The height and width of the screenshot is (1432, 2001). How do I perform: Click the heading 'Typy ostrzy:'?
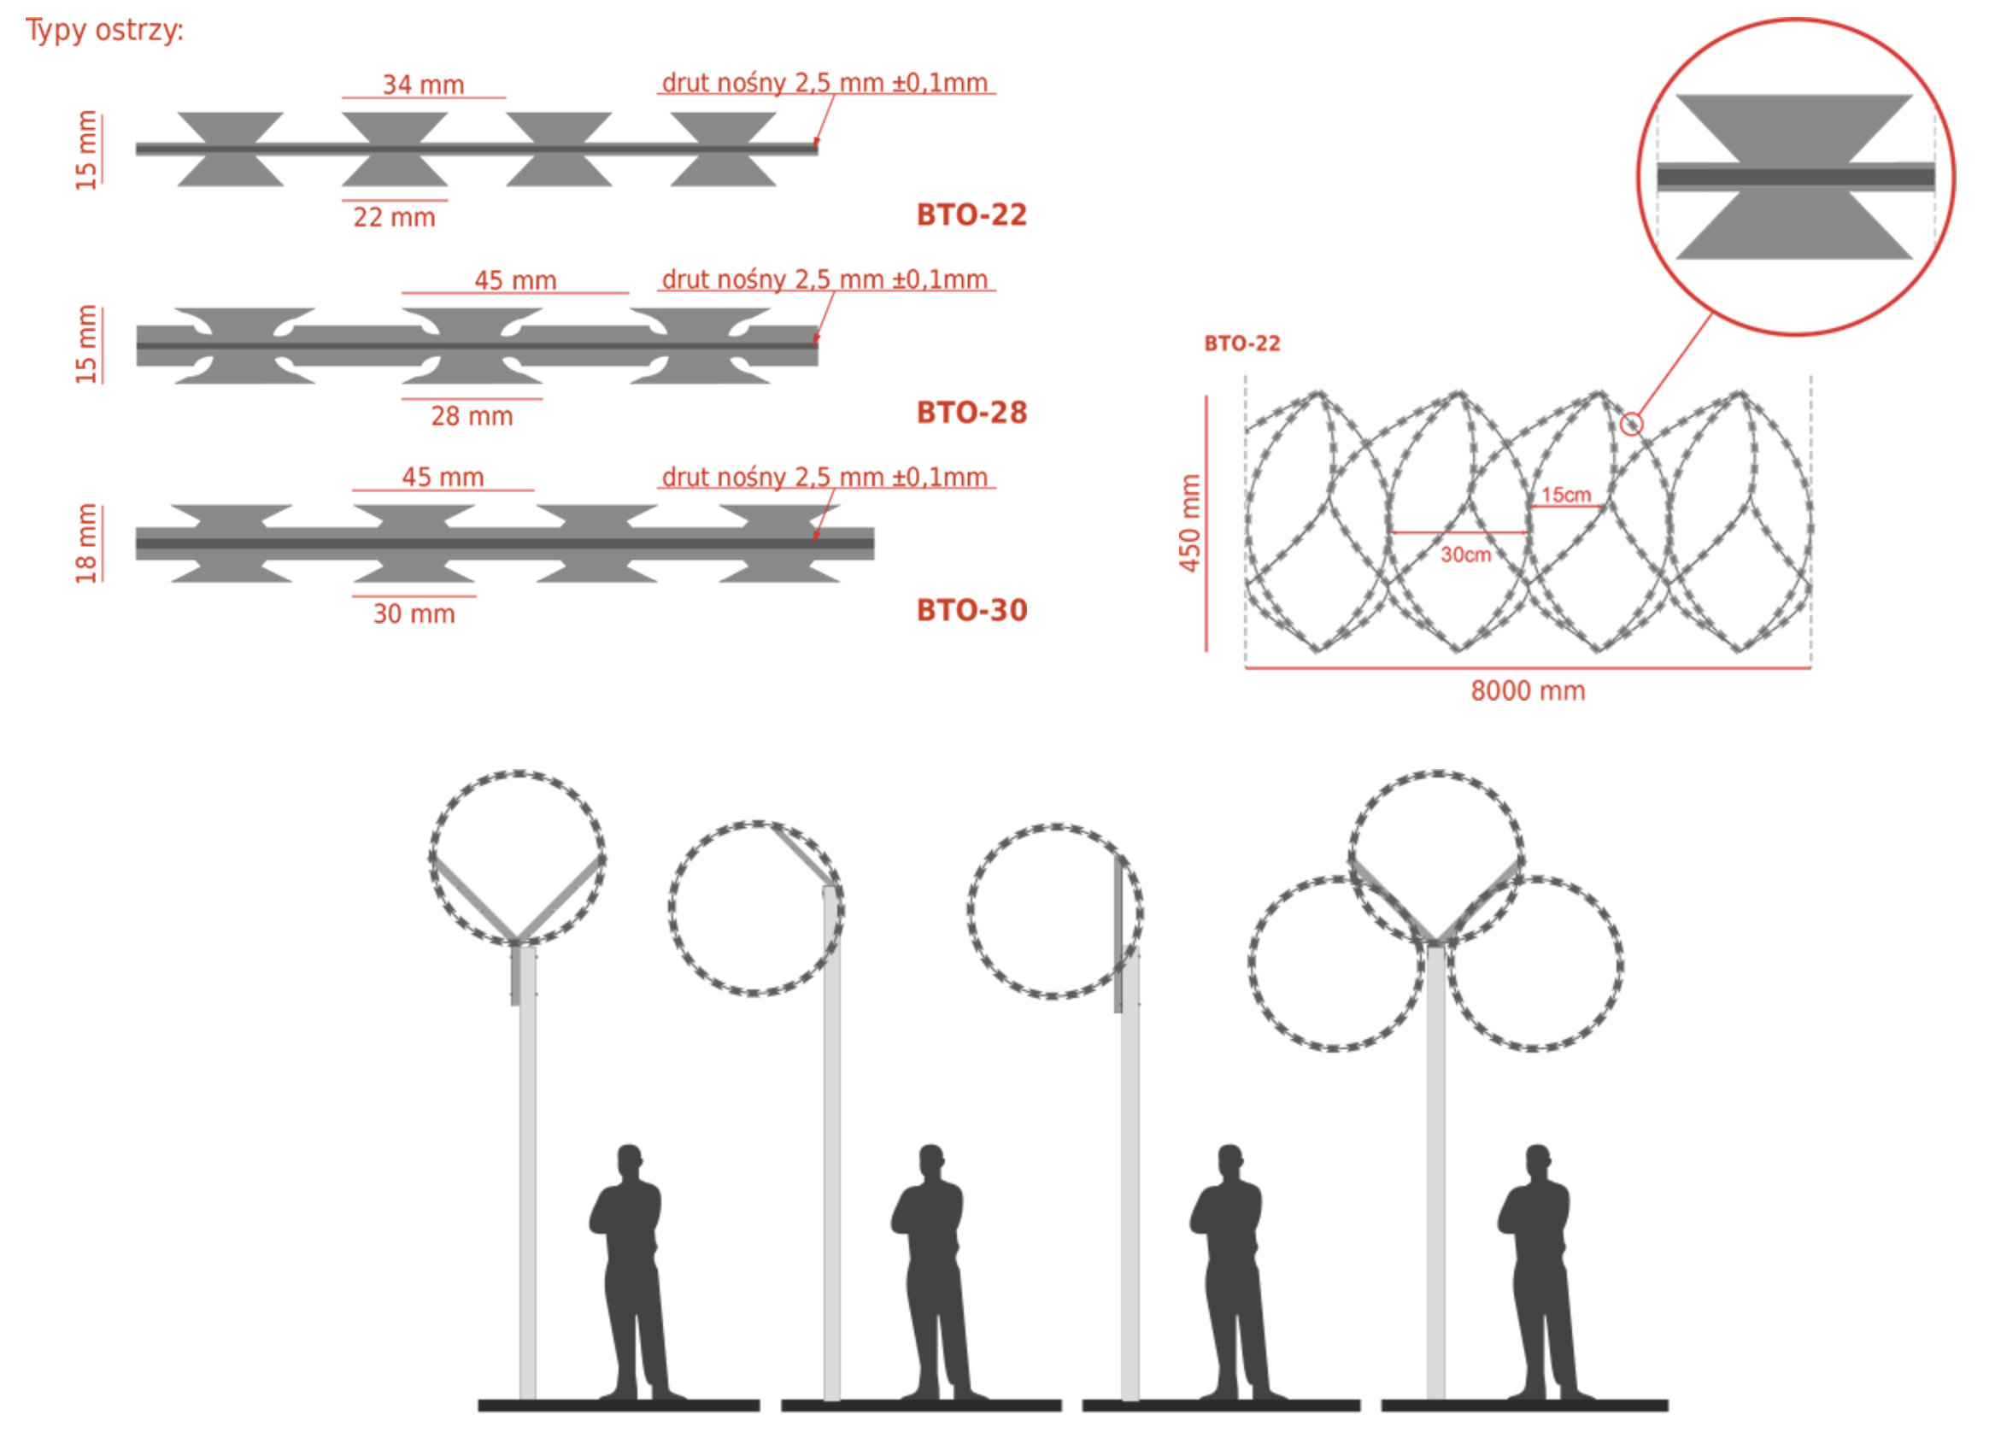tap(104, 31)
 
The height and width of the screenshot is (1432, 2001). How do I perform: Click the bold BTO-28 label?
tap(971, 413)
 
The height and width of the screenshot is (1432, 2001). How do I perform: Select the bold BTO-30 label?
tap(971, 610)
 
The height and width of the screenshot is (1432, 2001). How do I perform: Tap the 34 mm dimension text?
tap(423, 85)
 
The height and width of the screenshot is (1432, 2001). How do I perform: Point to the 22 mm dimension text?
tap(394, 217)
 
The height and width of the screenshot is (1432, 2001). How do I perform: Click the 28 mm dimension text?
tap(472, 415)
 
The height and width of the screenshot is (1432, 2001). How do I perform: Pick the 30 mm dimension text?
tap(414, 613)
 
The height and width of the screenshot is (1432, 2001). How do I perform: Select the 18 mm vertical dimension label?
tap(85, 543)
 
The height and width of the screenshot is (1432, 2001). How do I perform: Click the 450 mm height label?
tap(1190, 523)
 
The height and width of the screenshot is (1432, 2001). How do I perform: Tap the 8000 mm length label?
tap(1527, 690)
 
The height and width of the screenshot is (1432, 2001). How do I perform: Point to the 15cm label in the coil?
tap(1565, 495)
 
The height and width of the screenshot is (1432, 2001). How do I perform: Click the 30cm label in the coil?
tap(1465, 555)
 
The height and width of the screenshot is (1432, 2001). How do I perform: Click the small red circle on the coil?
tap(1632, 424)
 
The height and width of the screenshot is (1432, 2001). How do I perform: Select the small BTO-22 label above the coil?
tap(1241, 343)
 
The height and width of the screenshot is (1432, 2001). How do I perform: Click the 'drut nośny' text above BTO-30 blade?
tap(824, 477)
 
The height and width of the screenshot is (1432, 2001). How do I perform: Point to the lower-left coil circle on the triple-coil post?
tap(1335, 963)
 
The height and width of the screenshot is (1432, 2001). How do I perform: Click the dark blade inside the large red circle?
tap(1795, 176)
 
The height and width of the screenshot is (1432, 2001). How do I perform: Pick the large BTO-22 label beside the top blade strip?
tap(971, 215)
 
